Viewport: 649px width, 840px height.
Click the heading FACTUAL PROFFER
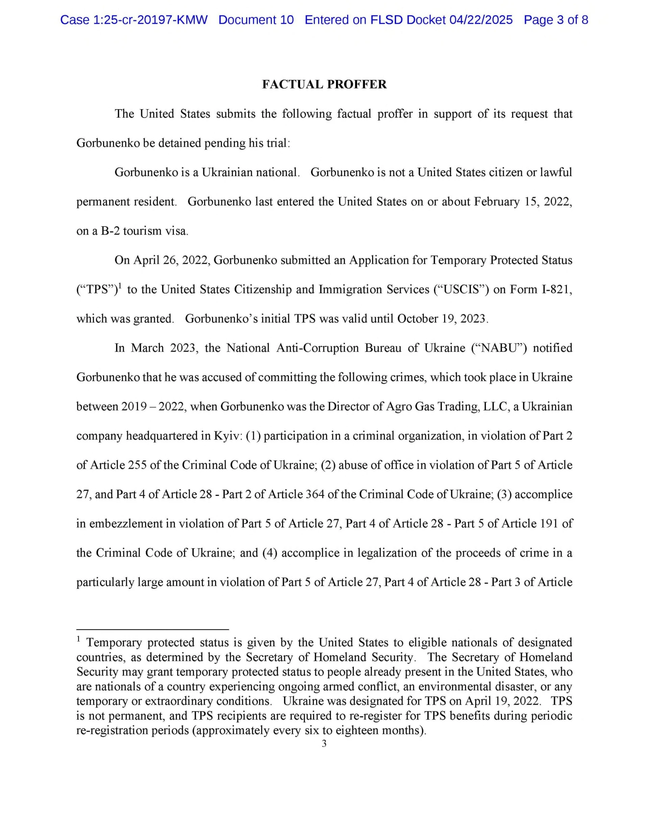tap(324, 84)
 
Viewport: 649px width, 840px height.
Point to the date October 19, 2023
tap(442, 318)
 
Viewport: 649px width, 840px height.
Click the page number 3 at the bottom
tap(324, 743)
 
